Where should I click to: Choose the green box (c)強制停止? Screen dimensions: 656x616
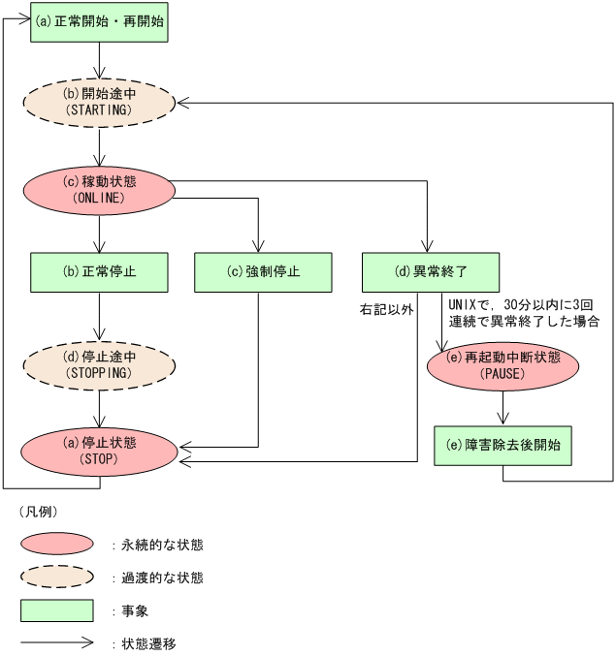[x=257, y=272]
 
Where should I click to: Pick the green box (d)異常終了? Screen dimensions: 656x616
[x=431, y=272]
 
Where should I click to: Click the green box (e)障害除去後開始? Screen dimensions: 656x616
[x=503, y=447]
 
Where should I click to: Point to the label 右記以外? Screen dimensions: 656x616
[x=386, y=310]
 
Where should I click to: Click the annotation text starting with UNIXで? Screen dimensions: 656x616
[x=524, y=312]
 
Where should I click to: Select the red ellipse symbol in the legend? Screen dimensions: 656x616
[x=57, y=545]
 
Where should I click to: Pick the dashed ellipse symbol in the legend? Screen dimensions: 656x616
[x=57, y=578]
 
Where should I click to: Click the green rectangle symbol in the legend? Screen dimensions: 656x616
[x=57, y=610]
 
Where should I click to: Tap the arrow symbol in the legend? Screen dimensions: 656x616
[x=57, y=641]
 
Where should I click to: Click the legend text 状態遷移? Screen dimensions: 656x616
[x=148, y=642]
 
